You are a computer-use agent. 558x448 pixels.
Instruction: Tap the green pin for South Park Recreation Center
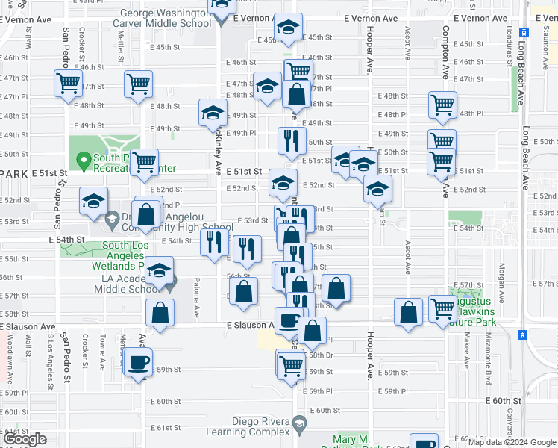click(81, 159)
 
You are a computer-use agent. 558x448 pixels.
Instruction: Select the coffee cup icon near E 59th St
click(138, 363)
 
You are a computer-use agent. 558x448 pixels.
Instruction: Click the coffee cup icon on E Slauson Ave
click(289, 321)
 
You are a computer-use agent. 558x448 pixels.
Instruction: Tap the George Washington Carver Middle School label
click(162, 18)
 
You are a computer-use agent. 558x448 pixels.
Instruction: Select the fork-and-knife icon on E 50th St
click(292, 140)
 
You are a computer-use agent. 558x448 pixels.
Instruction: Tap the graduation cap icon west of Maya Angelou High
click(94, 201)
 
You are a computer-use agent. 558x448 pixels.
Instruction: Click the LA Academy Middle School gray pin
click(170, 283)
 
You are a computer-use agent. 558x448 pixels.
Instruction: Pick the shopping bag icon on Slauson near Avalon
click(160, 313)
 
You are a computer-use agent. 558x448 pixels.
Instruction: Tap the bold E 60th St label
click(506, 401)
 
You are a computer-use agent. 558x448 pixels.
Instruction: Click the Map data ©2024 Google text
click(512, 441)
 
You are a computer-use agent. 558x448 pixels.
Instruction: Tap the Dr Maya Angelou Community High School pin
click(112, 220)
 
